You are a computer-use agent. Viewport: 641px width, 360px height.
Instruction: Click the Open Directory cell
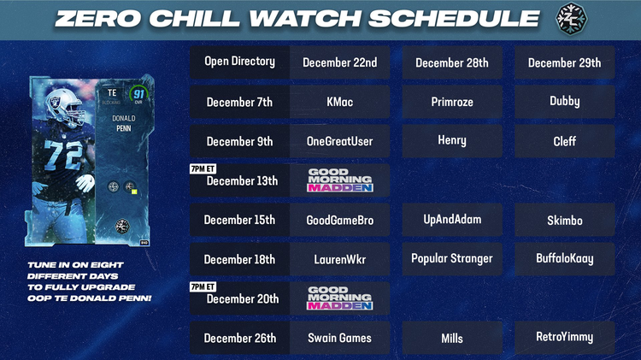point(239,62)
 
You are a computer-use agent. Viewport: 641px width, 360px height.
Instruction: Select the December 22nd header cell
point(340,62)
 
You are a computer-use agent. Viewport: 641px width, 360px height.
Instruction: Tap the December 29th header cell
point(564,62)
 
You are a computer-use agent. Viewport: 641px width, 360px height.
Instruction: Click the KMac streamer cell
point(340,102)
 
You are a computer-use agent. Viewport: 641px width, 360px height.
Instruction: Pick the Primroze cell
point(452,102)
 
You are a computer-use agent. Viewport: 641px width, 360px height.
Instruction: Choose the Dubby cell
point(564,102)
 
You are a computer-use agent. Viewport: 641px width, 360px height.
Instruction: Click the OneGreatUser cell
point(340,141)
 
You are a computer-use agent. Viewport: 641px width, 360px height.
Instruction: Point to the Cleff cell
point(564,141)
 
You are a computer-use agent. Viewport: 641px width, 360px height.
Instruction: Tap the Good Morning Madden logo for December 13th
point(340,180)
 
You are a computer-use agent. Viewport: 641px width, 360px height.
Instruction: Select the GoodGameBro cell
point(340,220)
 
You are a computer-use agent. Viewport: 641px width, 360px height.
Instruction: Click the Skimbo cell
point(564,220)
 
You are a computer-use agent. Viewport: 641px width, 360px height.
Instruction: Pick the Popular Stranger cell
point(452,258)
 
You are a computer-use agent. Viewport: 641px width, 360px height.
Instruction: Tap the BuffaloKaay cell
point(564,258)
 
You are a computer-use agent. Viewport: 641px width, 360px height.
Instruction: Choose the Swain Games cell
point(340,338)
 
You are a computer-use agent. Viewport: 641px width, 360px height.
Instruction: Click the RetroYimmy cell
point(564,338)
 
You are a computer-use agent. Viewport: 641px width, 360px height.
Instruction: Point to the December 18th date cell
point(239,259)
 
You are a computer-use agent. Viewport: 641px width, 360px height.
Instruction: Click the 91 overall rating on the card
point(138,95)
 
